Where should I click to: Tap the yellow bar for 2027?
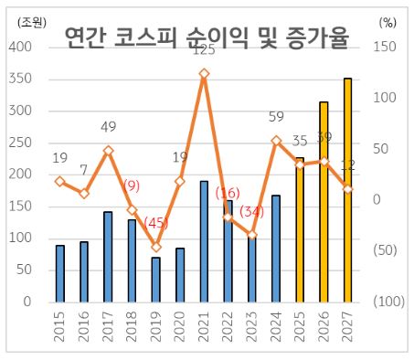click(x=347, y=189)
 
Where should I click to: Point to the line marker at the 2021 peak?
click(x=204, y=73)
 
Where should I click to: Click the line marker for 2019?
click(x=156, y=247)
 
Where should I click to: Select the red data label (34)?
click(x=251, y=212)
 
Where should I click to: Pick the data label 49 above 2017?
click(x=108, y=127)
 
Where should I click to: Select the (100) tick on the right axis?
click(x=388, y=302)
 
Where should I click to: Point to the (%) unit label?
click(x=387, y=13)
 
